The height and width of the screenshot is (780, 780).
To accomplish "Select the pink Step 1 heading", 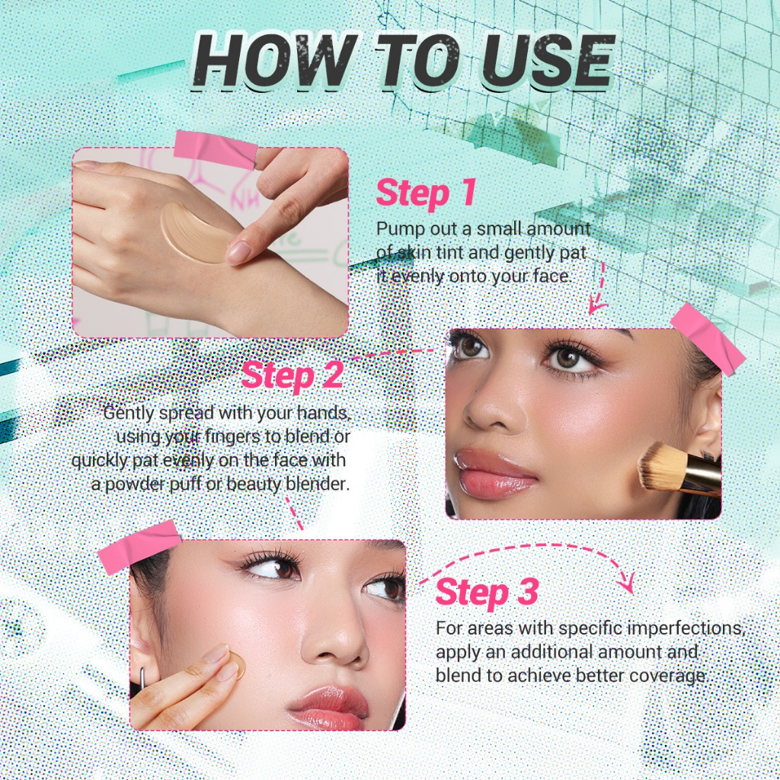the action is click(426, 193).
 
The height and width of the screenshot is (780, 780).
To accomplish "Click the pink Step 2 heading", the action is click(292, 375).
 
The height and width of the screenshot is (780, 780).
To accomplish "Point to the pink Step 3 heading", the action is click(487, 592).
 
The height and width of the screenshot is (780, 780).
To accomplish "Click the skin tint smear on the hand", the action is click(195, 234).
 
